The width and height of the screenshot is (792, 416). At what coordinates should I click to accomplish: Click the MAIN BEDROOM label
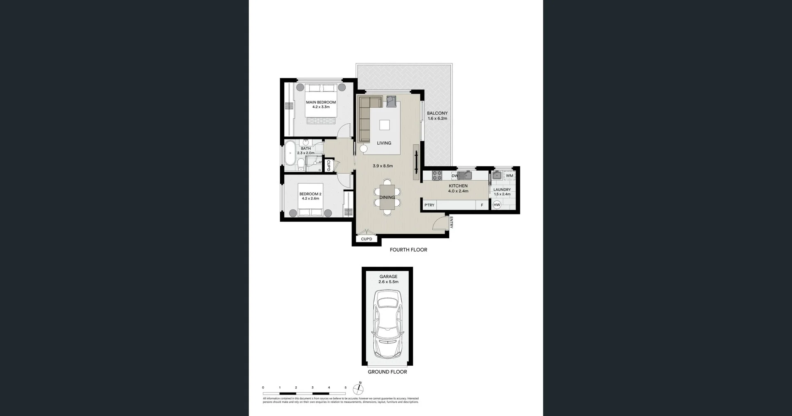pos(321,102)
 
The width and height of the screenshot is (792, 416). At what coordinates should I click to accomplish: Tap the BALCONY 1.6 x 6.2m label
pos(437,116)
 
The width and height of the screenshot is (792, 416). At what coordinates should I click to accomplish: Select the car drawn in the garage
pos(387,324)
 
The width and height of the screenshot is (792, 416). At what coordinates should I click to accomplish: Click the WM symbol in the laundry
pos(509,176)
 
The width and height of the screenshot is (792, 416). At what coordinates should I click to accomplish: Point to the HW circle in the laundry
pos(497,205)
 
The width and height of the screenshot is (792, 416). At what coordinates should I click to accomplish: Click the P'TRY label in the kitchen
pos(429,205)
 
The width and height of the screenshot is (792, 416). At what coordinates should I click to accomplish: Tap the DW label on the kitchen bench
pos(455,176)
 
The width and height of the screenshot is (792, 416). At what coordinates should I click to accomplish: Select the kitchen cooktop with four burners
pos(437,176)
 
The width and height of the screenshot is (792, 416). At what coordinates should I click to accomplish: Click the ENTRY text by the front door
pos(451,222)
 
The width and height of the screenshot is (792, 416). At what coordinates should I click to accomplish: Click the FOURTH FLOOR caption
pos(408,250)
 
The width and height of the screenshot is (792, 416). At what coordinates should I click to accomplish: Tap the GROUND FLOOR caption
pos(387,372)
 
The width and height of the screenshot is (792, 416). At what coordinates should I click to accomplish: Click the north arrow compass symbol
pos(358,389)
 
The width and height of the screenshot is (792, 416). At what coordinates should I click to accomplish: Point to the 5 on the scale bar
pos(345,388)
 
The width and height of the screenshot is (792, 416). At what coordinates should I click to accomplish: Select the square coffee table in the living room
pos(384,125)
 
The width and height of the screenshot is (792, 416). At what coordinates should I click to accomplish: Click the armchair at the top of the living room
pos(391,101)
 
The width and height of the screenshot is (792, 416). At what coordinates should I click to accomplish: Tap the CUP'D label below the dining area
pos(366,239)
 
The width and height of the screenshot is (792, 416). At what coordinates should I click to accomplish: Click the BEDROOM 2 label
pos(310,194)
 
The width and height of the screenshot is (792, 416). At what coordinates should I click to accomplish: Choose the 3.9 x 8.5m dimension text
pos(382,166)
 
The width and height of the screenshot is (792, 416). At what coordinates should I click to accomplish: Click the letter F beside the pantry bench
pos(482,205)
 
